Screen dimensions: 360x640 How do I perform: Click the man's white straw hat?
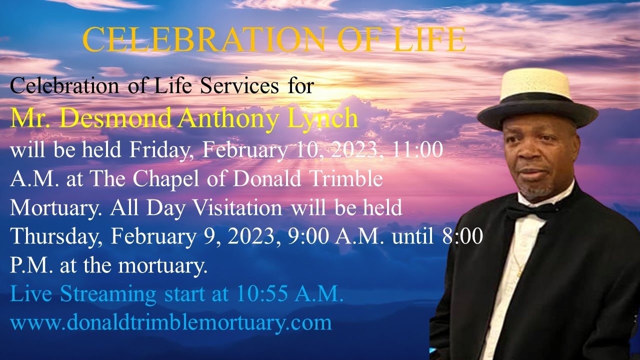[537, 85]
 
